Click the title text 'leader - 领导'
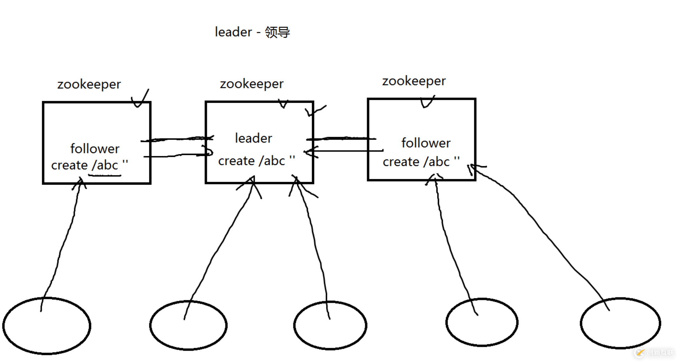252,32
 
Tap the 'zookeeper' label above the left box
89,85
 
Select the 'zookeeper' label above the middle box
251,84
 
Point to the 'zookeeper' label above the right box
414,81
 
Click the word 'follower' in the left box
95,149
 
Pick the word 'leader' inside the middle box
253,138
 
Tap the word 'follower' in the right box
426,143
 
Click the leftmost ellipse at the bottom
47,326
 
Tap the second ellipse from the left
188,325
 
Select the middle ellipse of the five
330,325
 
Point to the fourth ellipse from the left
482,322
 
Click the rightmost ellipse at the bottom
621,323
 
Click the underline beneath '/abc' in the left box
105,175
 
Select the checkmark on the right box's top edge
427,102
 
